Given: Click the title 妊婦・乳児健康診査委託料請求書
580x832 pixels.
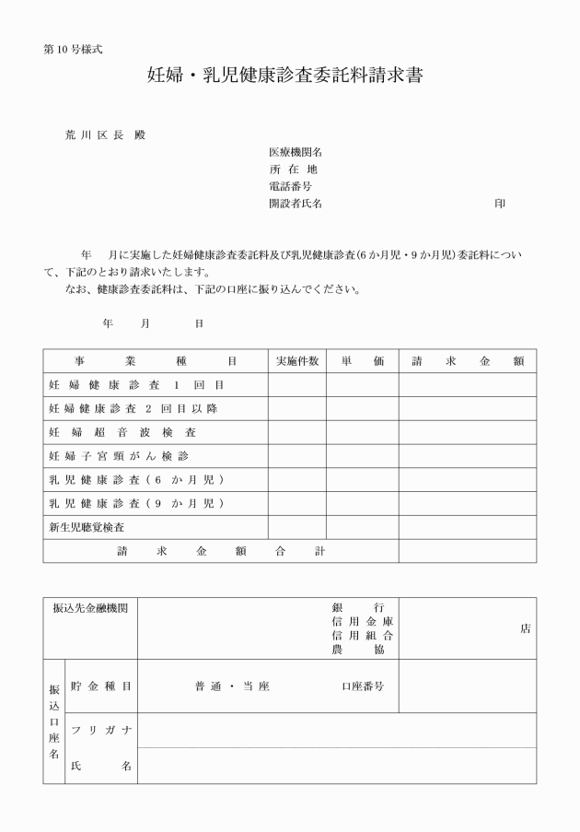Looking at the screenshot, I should (x=285, y=76).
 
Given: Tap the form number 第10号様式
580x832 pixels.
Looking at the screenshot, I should (x=73, y=48).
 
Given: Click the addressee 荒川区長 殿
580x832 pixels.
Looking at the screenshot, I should (x=105, y=135).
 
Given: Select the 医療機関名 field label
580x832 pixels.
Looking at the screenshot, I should (x=295, y=152).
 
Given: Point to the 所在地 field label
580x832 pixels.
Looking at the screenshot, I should (x=293, y=170).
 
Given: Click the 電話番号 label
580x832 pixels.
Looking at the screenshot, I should (x=289, y=187).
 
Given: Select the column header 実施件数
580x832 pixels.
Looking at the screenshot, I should (x=296, y=361).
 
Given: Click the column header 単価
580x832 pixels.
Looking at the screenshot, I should (x=362, y=361).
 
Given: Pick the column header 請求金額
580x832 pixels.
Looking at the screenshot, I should (x=467, y=361).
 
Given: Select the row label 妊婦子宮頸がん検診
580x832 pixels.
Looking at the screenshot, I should (x=122, y=456).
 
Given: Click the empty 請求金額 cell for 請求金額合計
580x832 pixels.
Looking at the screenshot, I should (x=467, y=552).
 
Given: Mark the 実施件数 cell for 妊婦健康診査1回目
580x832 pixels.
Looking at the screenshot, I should (x=296, y=385).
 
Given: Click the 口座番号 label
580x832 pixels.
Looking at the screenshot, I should (x=362, y=686).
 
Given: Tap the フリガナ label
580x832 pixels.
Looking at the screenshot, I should (x=101, y=731).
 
